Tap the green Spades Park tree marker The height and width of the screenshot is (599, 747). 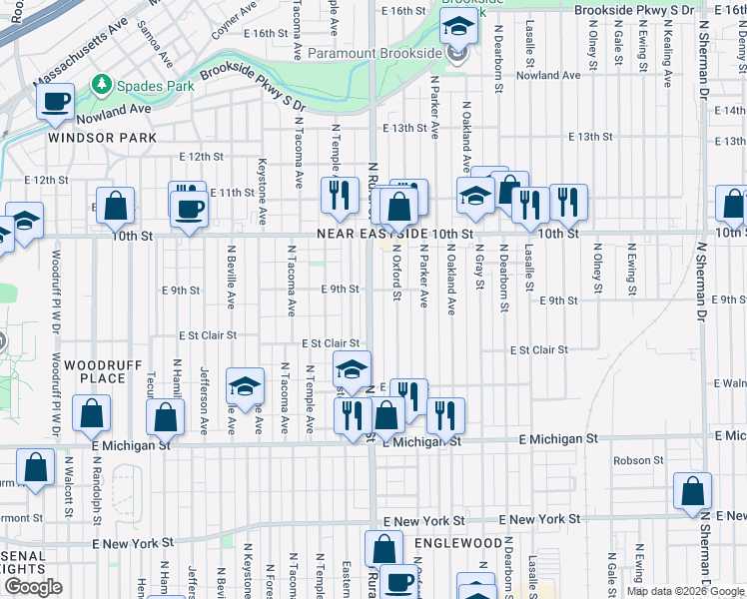100,84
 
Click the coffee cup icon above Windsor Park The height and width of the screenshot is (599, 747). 56,101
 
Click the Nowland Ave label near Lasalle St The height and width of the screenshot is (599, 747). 548,75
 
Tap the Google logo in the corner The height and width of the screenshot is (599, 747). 33,587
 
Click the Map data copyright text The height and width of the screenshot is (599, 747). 686,591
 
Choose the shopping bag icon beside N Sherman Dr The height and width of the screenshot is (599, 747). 692,491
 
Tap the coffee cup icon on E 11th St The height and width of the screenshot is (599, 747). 188,209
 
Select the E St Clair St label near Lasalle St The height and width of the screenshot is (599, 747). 538,350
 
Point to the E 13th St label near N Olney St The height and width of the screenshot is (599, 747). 589,137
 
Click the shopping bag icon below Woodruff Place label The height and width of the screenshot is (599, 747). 92,413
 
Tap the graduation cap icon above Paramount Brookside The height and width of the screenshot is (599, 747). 458,26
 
